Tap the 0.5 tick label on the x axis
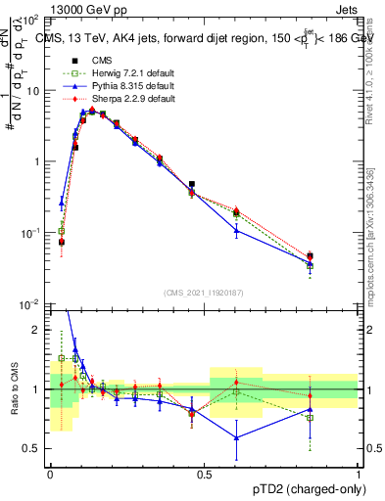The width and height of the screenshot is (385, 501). [204, 475]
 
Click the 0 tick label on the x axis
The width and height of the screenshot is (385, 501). [50, 475]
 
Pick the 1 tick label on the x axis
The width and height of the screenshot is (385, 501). [358, 475]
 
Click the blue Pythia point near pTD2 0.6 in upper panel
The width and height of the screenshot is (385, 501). [236, 230]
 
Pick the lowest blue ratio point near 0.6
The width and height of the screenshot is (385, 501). [236, 437]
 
